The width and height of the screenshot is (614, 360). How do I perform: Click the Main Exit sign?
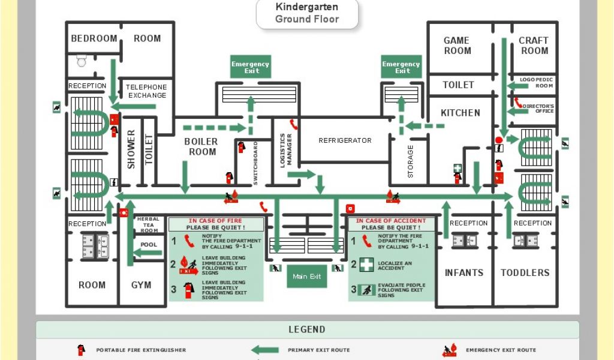[x=306, y=277]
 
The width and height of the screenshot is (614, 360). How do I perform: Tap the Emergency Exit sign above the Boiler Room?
[x=251, y=67]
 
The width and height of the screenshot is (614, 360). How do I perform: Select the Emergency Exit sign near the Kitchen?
[x=401, y=67]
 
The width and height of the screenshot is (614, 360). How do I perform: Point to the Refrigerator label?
[x=345, y=140]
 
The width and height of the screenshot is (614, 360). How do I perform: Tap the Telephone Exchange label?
[x=146, y=91]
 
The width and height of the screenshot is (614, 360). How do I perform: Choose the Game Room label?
[x=457, y=46]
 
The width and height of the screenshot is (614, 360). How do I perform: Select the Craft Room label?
[x=534, y=46]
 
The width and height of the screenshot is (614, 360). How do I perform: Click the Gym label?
[x=142, y=285]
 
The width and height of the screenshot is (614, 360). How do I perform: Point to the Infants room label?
[x=463, y=272]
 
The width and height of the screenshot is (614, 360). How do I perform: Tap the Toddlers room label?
[x=525, y=272]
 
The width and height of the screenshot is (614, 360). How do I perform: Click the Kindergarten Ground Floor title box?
[x=307, y=14]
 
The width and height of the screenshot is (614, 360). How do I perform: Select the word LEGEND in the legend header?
[x=307, y=329]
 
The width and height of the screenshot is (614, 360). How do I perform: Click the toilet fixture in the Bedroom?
[x=82, y=60]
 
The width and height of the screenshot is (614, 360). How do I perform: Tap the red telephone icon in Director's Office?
[x=517, y=103]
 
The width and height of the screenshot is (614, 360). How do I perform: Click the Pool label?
[x=149, y=245]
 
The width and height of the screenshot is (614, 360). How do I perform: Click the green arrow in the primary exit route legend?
[x=264, y=350]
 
